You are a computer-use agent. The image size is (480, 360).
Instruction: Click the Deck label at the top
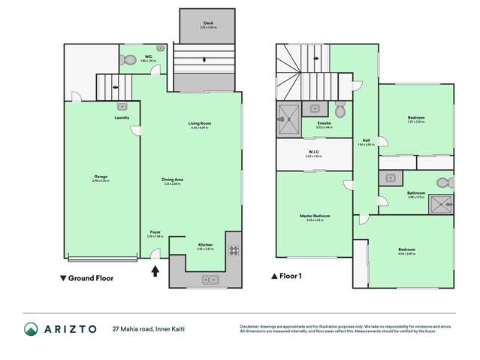pos(208,23)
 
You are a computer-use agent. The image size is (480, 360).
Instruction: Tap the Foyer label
pos(155,232)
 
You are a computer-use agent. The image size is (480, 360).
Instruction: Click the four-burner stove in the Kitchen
pos(233,251)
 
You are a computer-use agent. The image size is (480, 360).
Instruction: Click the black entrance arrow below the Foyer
pos(156,270)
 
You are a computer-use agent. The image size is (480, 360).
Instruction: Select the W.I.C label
pos(314,153)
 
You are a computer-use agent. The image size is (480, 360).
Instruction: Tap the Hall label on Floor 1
pos(366,140)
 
